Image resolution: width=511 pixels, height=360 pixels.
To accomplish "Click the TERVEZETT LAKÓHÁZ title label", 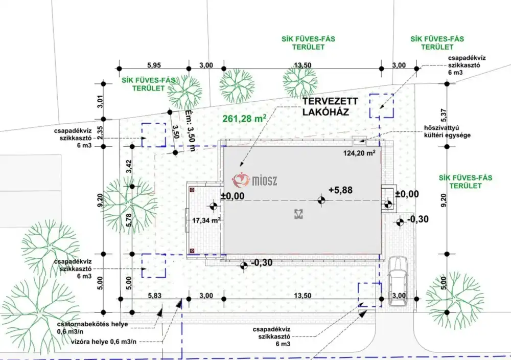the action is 330,107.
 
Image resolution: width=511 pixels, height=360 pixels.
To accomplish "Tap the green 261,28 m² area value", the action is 244,118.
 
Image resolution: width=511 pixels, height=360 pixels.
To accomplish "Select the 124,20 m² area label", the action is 359,152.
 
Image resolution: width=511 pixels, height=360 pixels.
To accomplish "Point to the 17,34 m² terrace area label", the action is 206,220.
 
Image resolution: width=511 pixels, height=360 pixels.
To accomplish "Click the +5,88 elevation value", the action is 340,190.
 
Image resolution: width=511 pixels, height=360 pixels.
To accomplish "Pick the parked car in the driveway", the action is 398,281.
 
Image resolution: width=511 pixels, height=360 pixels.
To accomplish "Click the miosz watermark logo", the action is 254,180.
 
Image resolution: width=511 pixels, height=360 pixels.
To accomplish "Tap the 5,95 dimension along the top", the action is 154,65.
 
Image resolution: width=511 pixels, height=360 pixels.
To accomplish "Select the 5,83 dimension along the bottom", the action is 154,296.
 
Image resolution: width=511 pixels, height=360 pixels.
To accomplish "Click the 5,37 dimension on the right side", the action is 444,115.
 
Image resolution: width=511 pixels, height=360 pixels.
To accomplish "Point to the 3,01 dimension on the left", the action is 100,101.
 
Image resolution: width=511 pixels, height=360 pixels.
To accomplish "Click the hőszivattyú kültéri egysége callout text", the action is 447,131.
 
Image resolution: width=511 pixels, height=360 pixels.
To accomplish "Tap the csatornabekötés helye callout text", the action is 92,328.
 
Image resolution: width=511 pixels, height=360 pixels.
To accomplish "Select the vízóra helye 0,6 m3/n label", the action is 104,342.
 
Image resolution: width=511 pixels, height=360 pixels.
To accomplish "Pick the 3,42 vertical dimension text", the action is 129,166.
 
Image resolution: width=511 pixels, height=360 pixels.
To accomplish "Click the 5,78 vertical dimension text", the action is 129,220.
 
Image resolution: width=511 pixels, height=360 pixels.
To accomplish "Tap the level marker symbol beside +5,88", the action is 321,200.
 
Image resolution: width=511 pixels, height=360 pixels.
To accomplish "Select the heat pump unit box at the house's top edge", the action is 360,141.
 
